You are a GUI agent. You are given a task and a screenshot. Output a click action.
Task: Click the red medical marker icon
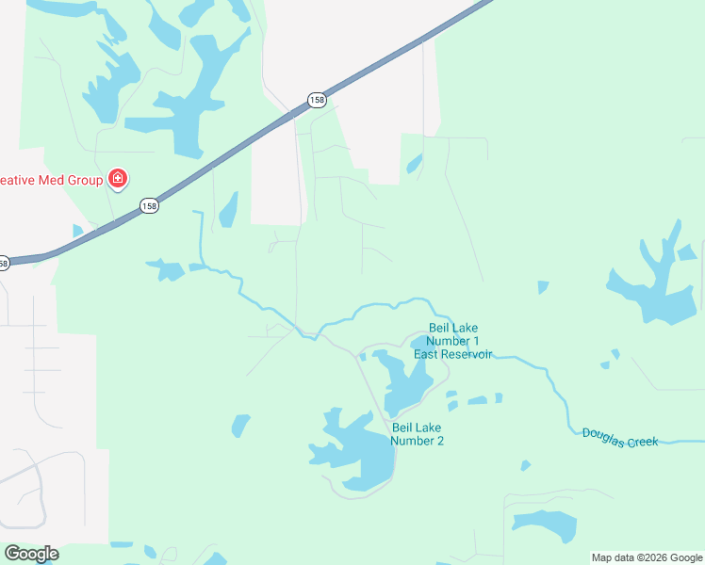[x=118, y=178]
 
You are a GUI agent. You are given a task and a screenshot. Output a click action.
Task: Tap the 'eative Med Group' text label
[x=51, y=178]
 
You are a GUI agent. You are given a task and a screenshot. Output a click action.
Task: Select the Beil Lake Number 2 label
[x=417, y=434]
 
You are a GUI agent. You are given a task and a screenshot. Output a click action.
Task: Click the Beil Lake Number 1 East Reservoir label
[x=453, y=341]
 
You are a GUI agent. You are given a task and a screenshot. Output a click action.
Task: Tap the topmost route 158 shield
[x=316, y=99]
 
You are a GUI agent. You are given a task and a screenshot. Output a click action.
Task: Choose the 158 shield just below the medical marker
[x=149, y=205]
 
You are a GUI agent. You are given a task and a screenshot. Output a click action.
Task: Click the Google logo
[x=31, y=554]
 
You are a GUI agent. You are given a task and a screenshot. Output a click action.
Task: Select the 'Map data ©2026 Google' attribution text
[x=647, y=557]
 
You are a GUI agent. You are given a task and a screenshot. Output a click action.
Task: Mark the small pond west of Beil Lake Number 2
[x=241, y=427]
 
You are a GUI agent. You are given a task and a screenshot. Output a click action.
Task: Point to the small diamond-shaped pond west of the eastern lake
[x=543, y=286]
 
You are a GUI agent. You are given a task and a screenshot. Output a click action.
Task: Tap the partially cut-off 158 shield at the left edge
[x=3, y=264]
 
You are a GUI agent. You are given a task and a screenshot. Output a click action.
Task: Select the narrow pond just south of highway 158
[x=229, y=211]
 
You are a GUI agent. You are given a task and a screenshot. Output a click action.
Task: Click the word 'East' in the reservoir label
[x=426, y=354]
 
